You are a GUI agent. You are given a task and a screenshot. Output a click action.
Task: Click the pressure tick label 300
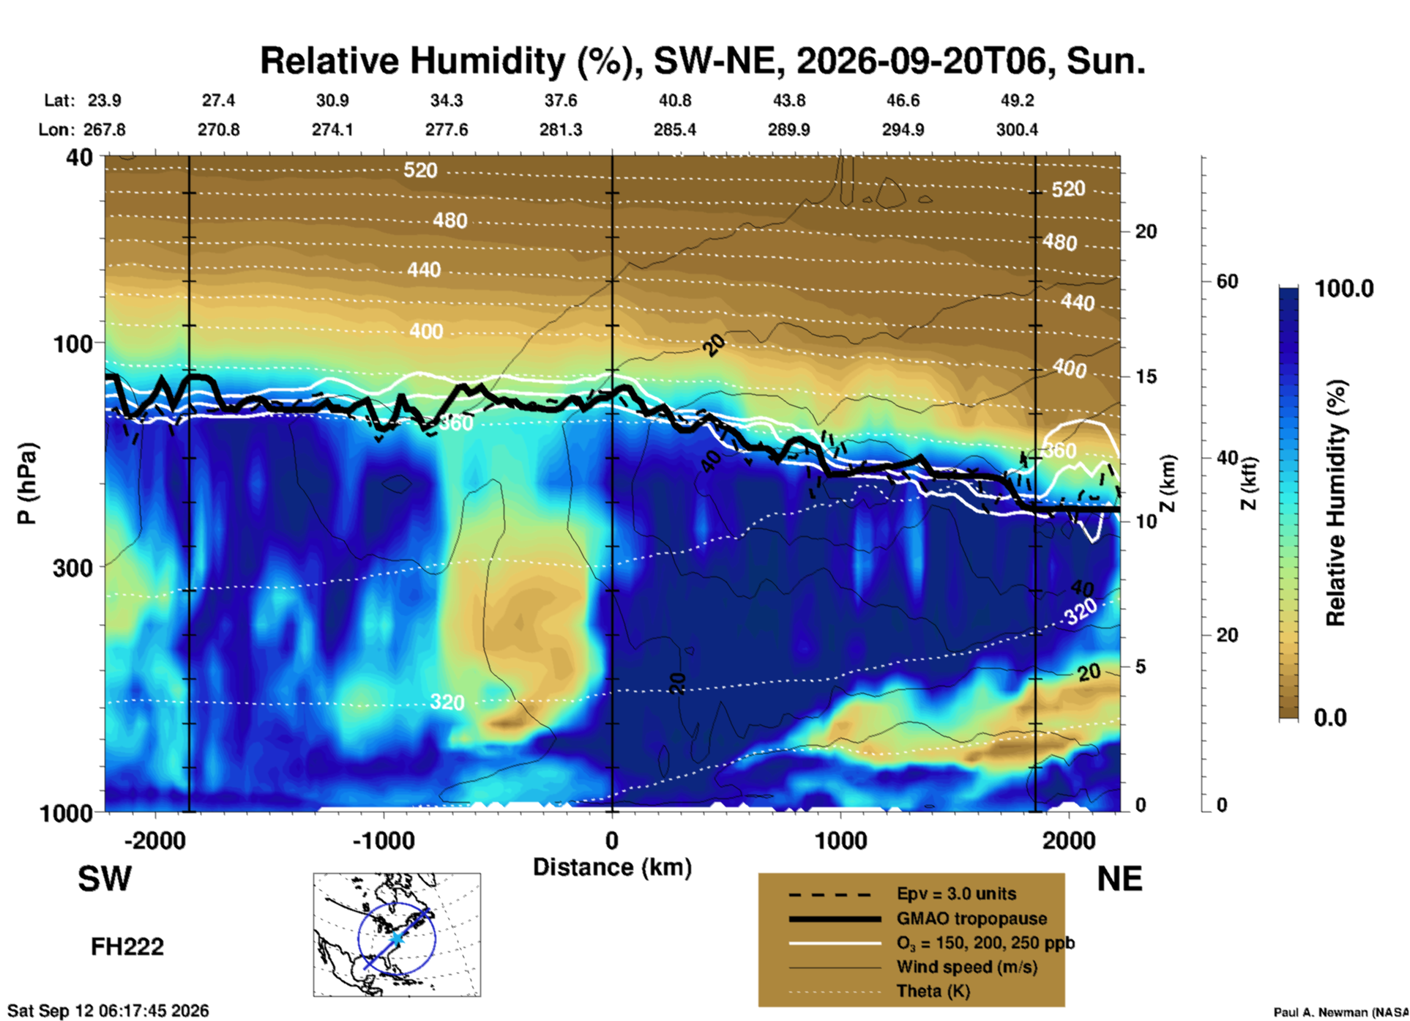(72, 568)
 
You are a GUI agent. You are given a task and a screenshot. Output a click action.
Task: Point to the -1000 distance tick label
(383, 841)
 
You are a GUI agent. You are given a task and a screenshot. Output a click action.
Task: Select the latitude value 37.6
(560, 100)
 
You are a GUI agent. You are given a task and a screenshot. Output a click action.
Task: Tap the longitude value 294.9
(903, 130)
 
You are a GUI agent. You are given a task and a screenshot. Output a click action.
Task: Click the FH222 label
(127, 947)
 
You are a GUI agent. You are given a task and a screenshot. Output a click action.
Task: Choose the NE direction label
(1119, 879)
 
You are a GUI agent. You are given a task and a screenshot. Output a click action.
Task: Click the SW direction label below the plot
(105, 879)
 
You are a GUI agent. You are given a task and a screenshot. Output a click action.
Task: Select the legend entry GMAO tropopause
(971, 918)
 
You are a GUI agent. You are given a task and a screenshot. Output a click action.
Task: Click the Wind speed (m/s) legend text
(966, 967)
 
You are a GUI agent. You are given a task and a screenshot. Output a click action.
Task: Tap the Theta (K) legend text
(933, 991)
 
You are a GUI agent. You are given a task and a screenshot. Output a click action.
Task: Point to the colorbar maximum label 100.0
(1344, 289)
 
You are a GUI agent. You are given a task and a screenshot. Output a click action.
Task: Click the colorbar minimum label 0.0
(1330, 717)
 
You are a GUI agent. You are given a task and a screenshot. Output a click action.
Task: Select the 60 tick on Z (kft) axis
(1227, 281)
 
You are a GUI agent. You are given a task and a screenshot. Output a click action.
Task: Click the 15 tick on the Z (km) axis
(1146, 376)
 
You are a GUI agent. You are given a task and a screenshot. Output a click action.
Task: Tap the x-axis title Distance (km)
(612, 867)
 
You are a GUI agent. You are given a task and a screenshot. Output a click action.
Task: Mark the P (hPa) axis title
(26, 483)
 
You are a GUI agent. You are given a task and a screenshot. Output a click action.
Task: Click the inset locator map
(397, 935)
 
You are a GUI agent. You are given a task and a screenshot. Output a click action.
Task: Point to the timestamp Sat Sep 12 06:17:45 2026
(108, 1011)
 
